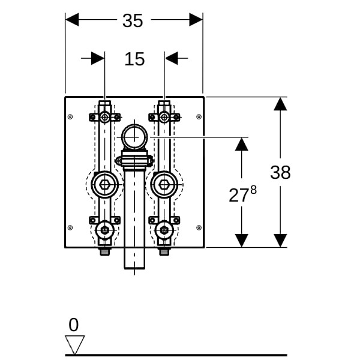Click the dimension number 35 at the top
point(133,20)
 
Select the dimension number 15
point(134,59)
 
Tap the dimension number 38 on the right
point(280,172)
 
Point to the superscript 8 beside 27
point(253,190)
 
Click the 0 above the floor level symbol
point(73,325)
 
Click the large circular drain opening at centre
point(134,137)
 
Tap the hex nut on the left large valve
point(105,185)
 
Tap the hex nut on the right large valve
point(164,185)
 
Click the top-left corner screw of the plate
point(70,117)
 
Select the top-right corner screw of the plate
point(199,117)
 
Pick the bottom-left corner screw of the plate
point(70,227)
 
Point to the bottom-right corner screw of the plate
point(199,227)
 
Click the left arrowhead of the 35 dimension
point(72,20)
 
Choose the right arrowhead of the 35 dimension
point(196,20)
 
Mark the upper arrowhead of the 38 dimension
point(280,104)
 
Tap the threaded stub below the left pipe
point(105,252)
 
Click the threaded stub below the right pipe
point(164,252)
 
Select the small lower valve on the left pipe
point(105,230)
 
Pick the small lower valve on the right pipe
point(164,230)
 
